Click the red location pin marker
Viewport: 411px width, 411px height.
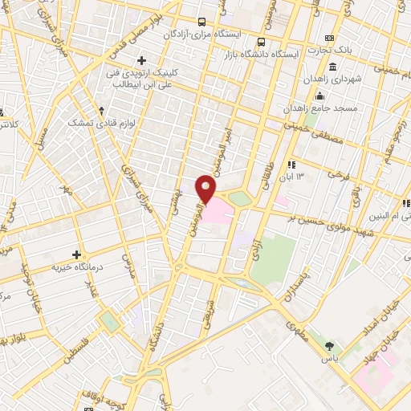[x=205, y=189]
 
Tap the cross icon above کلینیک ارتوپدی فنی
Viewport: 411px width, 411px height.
[x=142, y=59]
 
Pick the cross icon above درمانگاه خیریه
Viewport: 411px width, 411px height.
[x=76, y=254]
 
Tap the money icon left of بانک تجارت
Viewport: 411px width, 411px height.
[x=329, y=38]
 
